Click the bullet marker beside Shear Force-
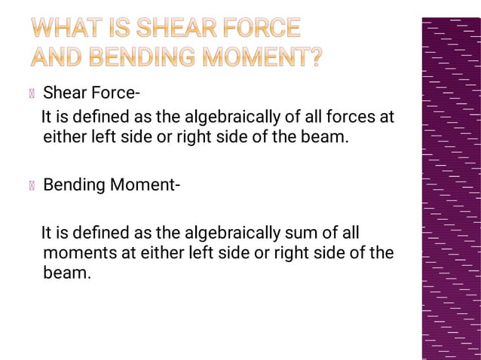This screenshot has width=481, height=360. (32, 94)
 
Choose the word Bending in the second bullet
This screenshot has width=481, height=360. (74, 185)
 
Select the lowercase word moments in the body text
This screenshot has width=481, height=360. (79, 253)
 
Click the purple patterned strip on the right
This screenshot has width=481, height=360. (451, 188)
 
